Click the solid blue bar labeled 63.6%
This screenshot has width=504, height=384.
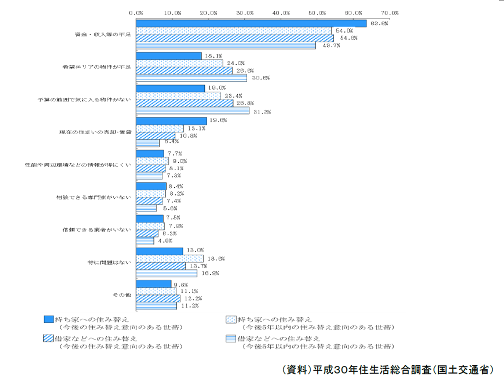click(x=250, y=23)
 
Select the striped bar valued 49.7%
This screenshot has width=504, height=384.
click(x=225, y=45)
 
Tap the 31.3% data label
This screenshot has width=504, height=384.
click(x=263, y=111)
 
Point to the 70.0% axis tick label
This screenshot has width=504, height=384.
click(x=390, y=12)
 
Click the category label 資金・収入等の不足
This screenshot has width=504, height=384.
click(x=102, y=34)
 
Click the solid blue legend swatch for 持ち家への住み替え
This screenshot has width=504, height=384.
click(x=48, y=319)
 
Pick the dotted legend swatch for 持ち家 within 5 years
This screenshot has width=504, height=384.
click(x=230, y=319)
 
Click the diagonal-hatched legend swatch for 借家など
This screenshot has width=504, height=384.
click(x=48, y=338)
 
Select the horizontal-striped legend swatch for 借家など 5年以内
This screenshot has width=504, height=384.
click(x=230, y=338)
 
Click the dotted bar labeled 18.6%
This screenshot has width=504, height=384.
click(x=169, y=258)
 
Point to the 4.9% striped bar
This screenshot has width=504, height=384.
click(x=144, y=240)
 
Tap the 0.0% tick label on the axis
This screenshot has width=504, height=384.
click(x=136, y=12)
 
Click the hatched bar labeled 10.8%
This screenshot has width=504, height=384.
click(x=155, y=135)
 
